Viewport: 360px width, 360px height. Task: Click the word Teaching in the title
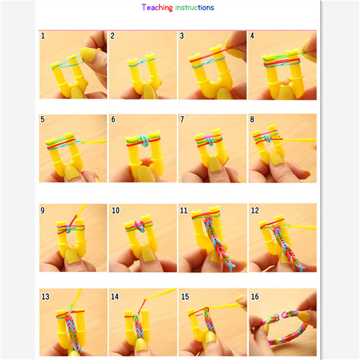[x=157, y=8]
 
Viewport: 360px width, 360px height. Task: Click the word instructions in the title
[x=194, y=8]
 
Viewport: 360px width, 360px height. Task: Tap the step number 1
[x=43, y=36]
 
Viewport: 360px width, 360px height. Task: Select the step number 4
[x=252, y=36]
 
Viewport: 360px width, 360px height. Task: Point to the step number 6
[x=113, y=119]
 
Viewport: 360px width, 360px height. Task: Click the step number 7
[x=182, y=119]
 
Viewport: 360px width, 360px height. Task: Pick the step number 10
[x=116, y=211]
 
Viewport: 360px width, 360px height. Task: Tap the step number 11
[x=184, y=211]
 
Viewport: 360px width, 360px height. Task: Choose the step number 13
[x=45, y=297]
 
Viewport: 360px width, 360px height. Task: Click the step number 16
[x=255, y=297]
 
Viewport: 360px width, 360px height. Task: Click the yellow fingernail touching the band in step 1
[x=88, y=54]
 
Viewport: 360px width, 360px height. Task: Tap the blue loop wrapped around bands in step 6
[x=144, y=141]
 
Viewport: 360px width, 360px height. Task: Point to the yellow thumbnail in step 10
[x=148, y=253]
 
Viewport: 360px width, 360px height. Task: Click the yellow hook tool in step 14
[x=160, y=294]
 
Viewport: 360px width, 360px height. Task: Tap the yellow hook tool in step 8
[x=298, y=139]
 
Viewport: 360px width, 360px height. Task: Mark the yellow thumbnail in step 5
[x=72, y=172]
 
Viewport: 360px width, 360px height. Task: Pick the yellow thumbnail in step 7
[x=215, y=164]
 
